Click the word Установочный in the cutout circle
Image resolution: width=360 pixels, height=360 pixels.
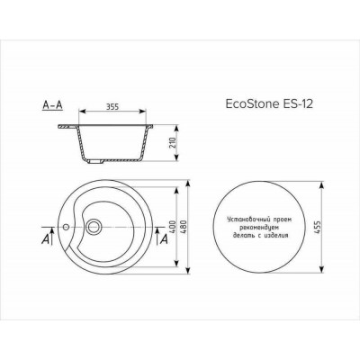[238, 218]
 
